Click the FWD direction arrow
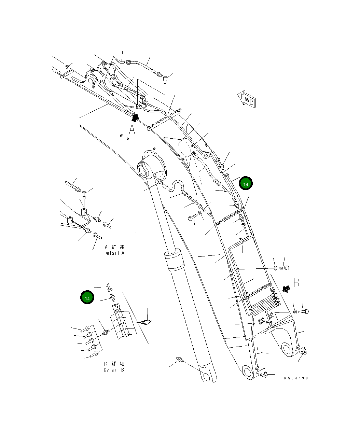[246, 99]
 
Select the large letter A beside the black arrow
[132, 130]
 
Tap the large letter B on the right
[296, 283]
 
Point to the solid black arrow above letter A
[136, 117]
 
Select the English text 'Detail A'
[114, 253]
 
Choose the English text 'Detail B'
[114, 370]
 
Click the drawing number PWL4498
[296, 378]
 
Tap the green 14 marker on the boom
[246, 183]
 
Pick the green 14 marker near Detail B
[87, 298]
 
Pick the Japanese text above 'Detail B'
[114, 364]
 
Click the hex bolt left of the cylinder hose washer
[192, 218]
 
